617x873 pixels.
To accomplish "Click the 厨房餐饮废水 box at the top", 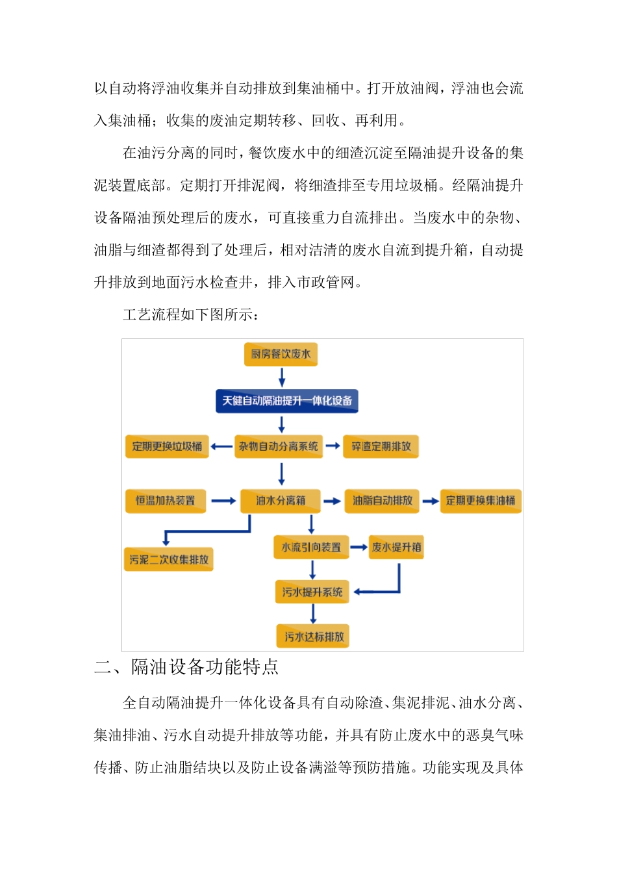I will tap(281, 354).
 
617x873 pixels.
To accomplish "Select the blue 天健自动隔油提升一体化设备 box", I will tap(286, 401).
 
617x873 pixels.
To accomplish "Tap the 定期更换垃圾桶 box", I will tap(167, 446).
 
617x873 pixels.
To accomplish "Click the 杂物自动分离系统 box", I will tap(279, 446).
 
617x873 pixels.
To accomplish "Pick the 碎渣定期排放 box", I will tap(381, 446).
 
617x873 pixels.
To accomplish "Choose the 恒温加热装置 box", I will tap(166, 501).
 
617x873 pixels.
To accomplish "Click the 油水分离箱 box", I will tap(281, 501).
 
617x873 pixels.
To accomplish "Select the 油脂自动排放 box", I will tap(382, 501).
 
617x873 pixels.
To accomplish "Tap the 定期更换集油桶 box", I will tap(481, 501).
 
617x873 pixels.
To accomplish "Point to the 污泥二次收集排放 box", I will tap(169, 559).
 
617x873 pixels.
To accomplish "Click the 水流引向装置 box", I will tap(311, 548).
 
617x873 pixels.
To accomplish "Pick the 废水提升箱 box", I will tap(396, 548).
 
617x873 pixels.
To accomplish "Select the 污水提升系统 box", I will tap(312, 592).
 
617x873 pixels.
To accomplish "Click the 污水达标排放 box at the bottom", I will tap(314, 637).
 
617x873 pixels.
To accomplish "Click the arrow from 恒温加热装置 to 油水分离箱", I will tap(223, 501).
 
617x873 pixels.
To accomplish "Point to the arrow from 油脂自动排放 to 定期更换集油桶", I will tap(430, 501).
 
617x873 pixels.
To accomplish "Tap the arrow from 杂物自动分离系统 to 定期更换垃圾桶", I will tap(221, 446).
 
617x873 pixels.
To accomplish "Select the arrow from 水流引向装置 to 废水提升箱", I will tap(359, 548).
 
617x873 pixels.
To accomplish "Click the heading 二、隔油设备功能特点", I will tap(186, 667).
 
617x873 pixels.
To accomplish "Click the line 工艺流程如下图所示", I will tap(191, 315).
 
